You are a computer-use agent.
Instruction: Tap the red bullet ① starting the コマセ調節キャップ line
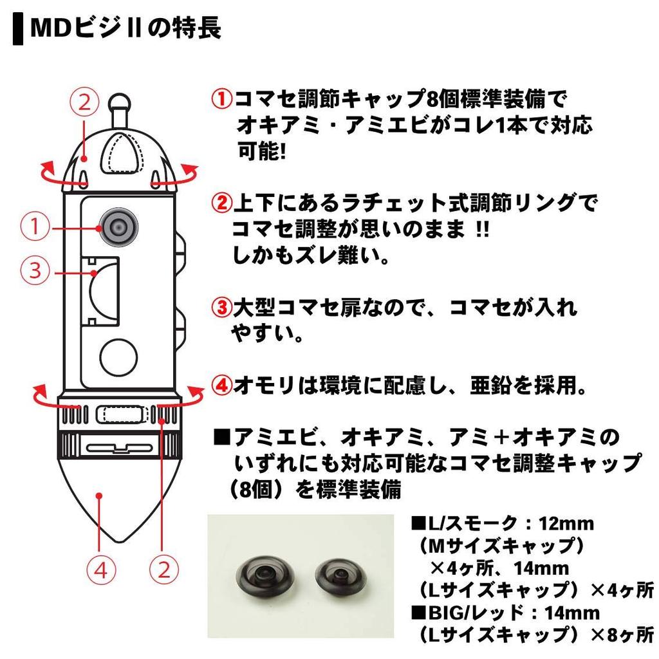point(223,100)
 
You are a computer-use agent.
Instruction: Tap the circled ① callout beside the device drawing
point(35,227)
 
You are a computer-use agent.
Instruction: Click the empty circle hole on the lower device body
point(119,355)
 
